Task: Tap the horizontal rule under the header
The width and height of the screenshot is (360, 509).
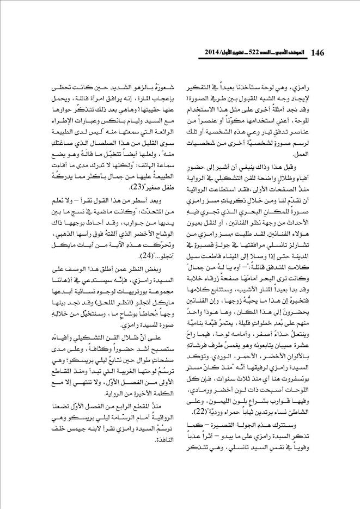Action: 180,62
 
